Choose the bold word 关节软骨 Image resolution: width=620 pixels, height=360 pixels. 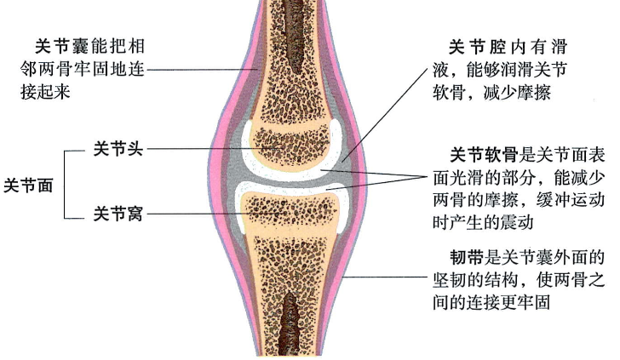(x=484, y=157)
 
